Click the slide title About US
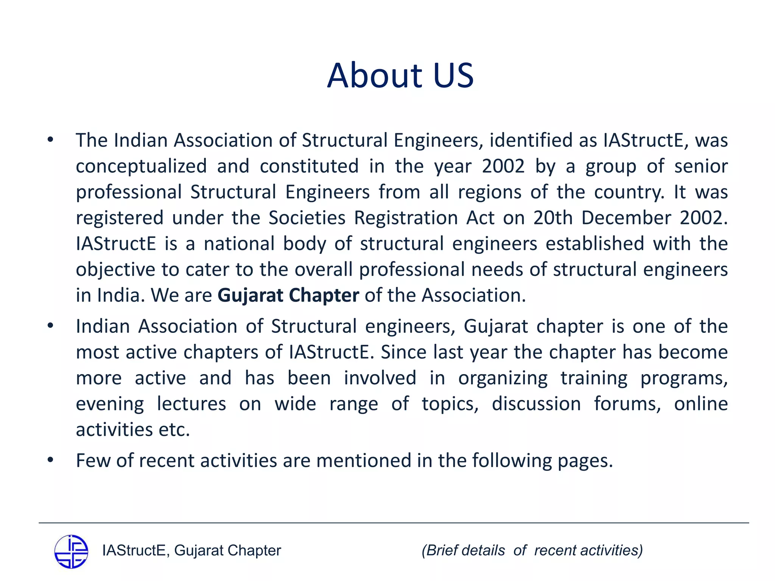click(x=400, y=76)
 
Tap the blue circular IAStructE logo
click(x=71, y=551)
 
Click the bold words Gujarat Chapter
click(x=288, y=295)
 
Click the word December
click(x=626, y=218)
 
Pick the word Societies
click(x=307, y=218)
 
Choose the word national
click(x=239, y=244)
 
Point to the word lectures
click(x=191, y=404)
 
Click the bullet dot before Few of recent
click(x=50, y=460)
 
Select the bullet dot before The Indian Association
click(x=50, y=140)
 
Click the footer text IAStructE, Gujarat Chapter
click(x=191, y=551)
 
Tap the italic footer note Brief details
click(x=463, y=551)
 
